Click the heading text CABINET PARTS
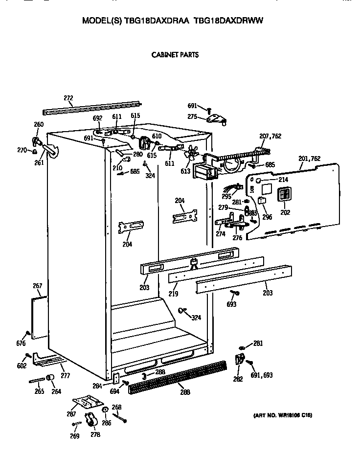click(175, 55)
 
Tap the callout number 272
click(68, 98)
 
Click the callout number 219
click(173, 294)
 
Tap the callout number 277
click(65, 375)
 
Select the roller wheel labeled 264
click(50, 378)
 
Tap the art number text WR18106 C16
click(282, 415)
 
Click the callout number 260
click(39, 124)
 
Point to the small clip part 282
click(240, 360)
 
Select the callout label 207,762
click(270, 136)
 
